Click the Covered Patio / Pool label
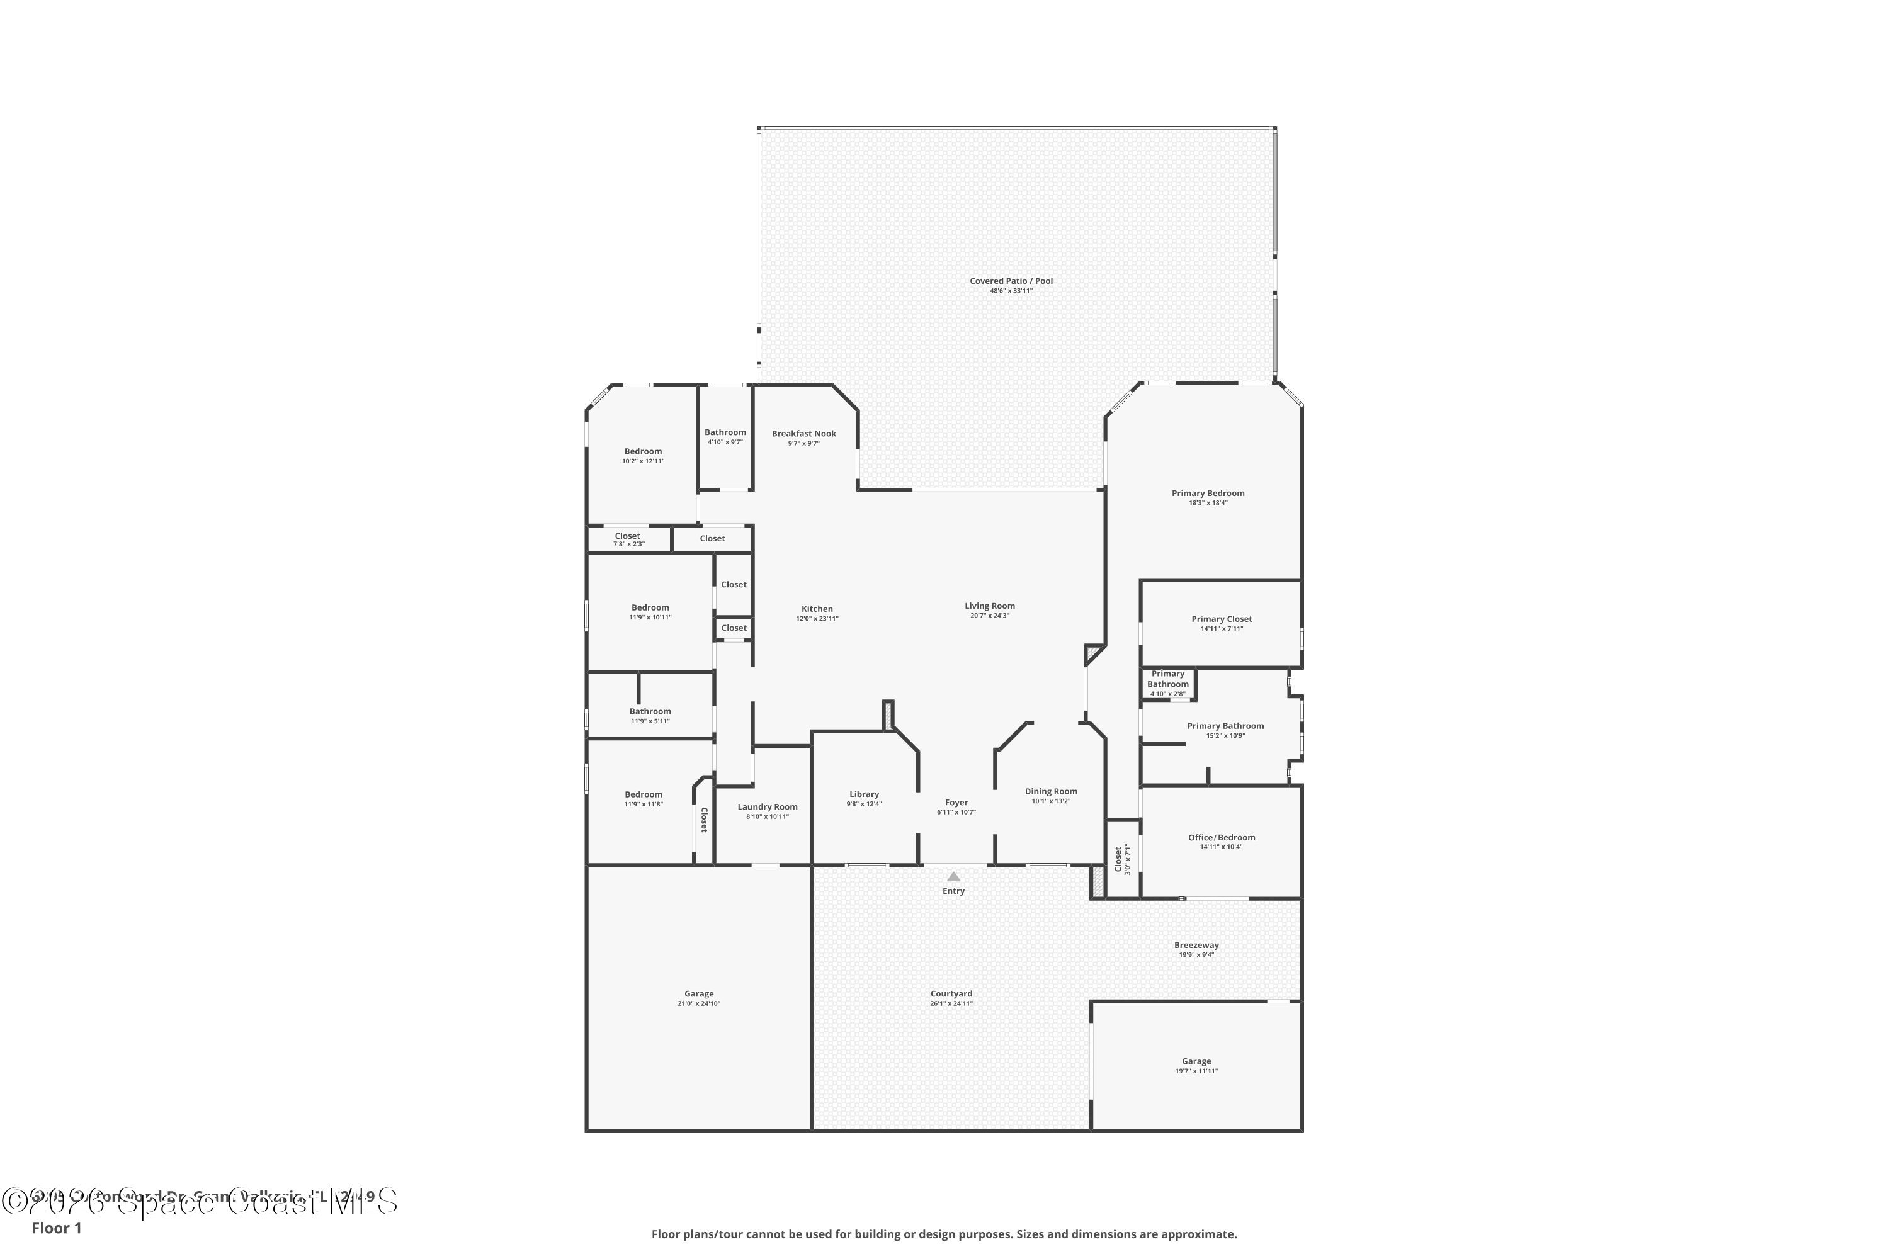coord(1011,281)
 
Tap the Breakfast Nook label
coord(803,434)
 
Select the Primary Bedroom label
coord(1207,493)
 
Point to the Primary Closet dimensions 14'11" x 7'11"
coord(1221,629)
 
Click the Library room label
coord(864,794)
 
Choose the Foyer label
coord(956,802)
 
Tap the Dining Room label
coord(1050,791)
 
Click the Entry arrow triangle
coord(953,877)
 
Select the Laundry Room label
coord(767,807)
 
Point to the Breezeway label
coord(1196,945)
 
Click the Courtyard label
coord(951,993)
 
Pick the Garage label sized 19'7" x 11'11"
coord(1196,1061)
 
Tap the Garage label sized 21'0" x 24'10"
coord(699,994)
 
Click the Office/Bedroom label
coord(1221,837)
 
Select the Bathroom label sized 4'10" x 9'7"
coord(725,432)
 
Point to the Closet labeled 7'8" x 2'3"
coord(627,536)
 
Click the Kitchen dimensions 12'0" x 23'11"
coord(817,619)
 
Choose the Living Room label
coord(989,606)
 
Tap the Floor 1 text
coord(56,1228)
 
